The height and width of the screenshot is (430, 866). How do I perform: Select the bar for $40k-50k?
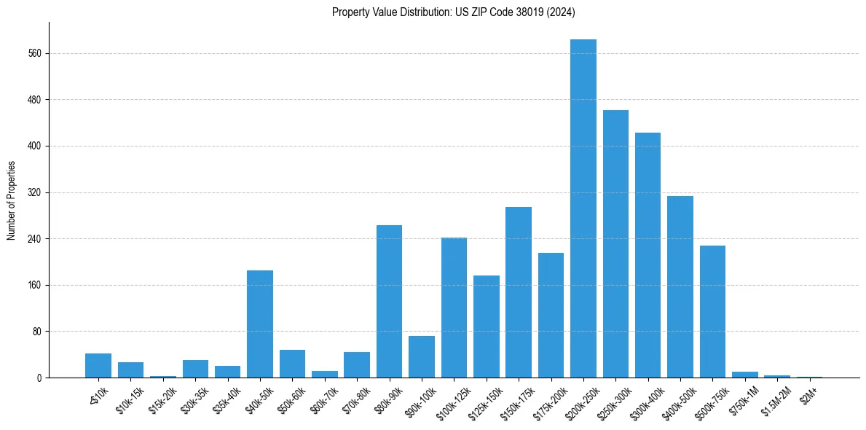click(x=260, y=324)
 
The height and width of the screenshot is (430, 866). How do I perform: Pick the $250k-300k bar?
click(x=615, y=243)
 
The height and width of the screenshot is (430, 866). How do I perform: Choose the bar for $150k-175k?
click(x=519, y=292)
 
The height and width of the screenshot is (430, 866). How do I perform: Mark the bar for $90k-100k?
click(x=422, y=356)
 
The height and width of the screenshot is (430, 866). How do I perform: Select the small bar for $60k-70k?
click(x=325, y=374)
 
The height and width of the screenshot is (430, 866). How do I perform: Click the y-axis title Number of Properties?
click(x=11, y=200)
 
